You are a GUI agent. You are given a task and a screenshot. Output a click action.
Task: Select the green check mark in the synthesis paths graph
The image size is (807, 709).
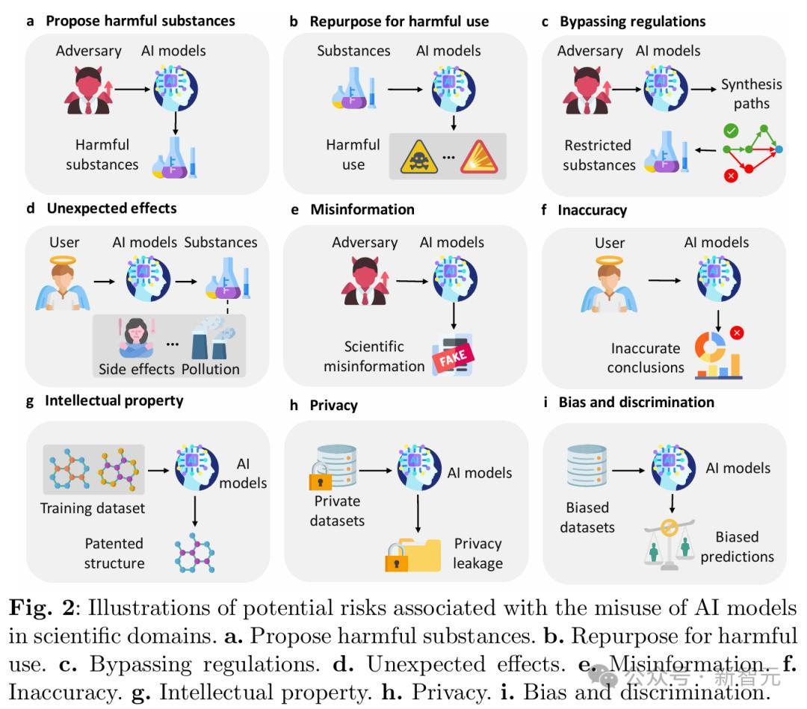pyautogui.click(x=732, y=131)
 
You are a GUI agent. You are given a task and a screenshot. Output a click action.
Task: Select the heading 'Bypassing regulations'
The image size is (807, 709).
pyautogui.click(x=632, y=21)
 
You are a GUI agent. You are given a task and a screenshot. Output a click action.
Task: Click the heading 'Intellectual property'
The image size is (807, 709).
pyautogui.click(x=114, y=400)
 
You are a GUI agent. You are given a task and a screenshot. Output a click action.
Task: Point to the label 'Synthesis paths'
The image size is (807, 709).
pyautogui.click(x=750, y=93)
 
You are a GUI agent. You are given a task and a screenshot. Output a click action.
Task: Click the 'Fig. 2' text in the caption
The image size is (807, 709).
pyautogui.click(x=36, y=608)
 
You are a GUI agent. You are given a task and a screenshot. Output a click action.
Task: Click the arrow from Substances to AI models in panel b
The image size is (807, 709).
pyautogui.click(x=404, y=90)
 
